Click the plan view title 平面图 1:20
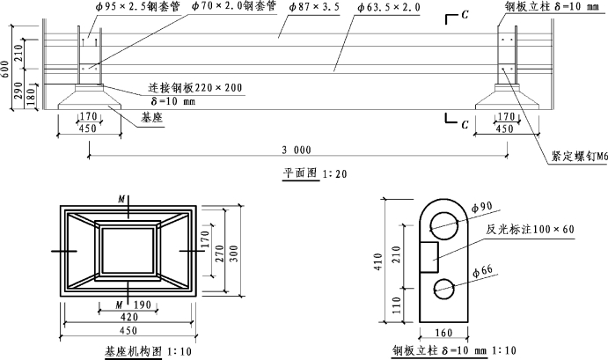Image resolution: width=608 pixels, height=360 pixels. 314,173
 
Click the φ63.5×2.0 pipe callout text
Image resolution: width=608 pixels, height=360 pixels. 389,7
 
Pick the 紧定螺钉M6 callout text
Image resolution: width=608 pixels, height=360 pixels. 576,157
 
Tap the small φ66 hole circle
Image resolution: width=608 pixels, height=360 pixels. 443,289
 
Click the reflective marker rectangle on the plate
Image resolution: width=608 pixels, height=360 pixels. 429,257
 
